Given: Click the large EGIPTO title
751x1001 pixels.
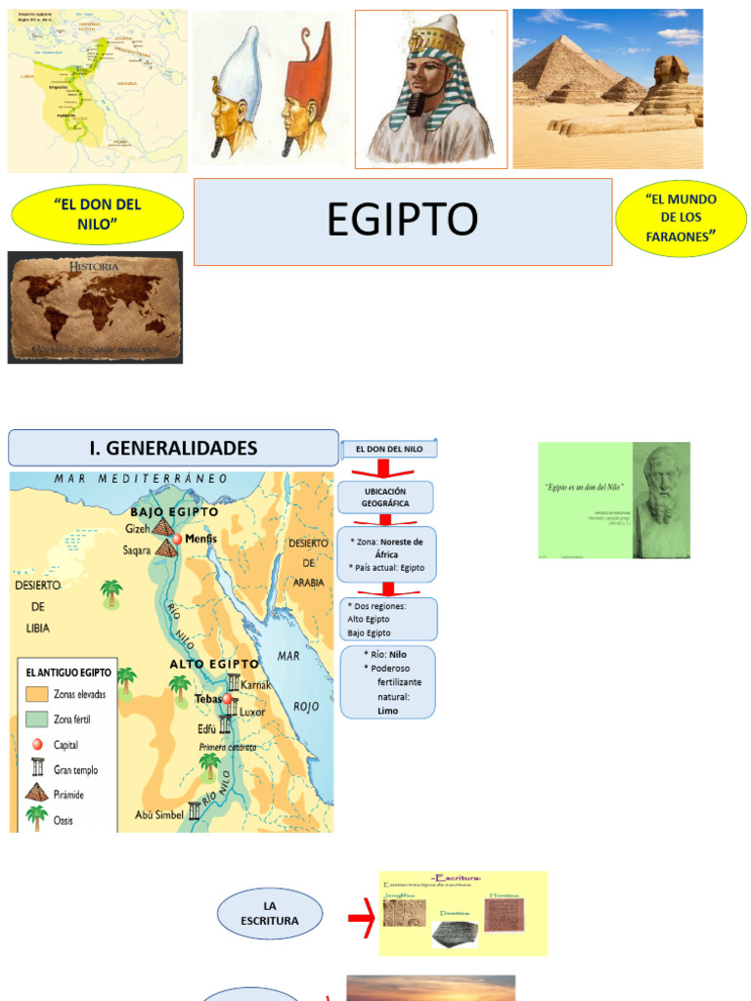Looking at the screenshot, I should tap(402, 221).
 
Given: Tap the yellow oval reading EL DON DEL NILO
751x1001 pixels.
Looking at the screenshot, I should tap(98, 214).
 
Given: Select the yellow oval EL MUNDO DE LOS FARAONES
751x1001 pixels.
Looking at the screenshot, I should tap(681, 217).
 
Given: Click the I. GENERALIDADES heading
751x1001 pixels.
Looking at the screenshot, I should tap(173, 448).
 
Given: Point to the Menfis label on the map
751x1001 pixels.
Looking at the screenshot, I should tap(201, 539).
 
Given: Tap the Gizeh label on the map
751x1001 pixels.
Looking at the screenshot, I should tap(138, 529).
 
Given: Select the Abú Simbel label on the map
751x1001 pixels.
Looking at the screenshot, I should tap(159, 814).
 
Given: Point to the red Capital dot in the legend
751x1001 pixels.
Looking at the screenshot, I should tap(38, 744).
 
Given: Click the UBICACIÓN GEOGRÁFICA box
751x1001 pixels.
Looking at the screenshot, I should tap(386, 497).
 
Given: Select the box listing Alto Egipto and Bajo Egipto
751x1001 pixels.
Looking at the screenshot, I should tap(387, 620).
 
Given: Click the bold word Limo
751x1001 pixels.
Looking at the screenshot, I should tap(387, 711).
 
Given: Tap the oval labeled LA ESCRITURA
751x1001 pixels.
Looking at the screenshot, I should tap(270, 913).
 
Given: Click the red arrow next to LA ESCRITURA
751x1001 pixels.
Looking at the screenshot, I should tap(361, 916).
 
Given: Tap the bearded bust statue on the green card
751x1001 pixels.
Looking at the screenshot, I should tap(662, 489).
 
